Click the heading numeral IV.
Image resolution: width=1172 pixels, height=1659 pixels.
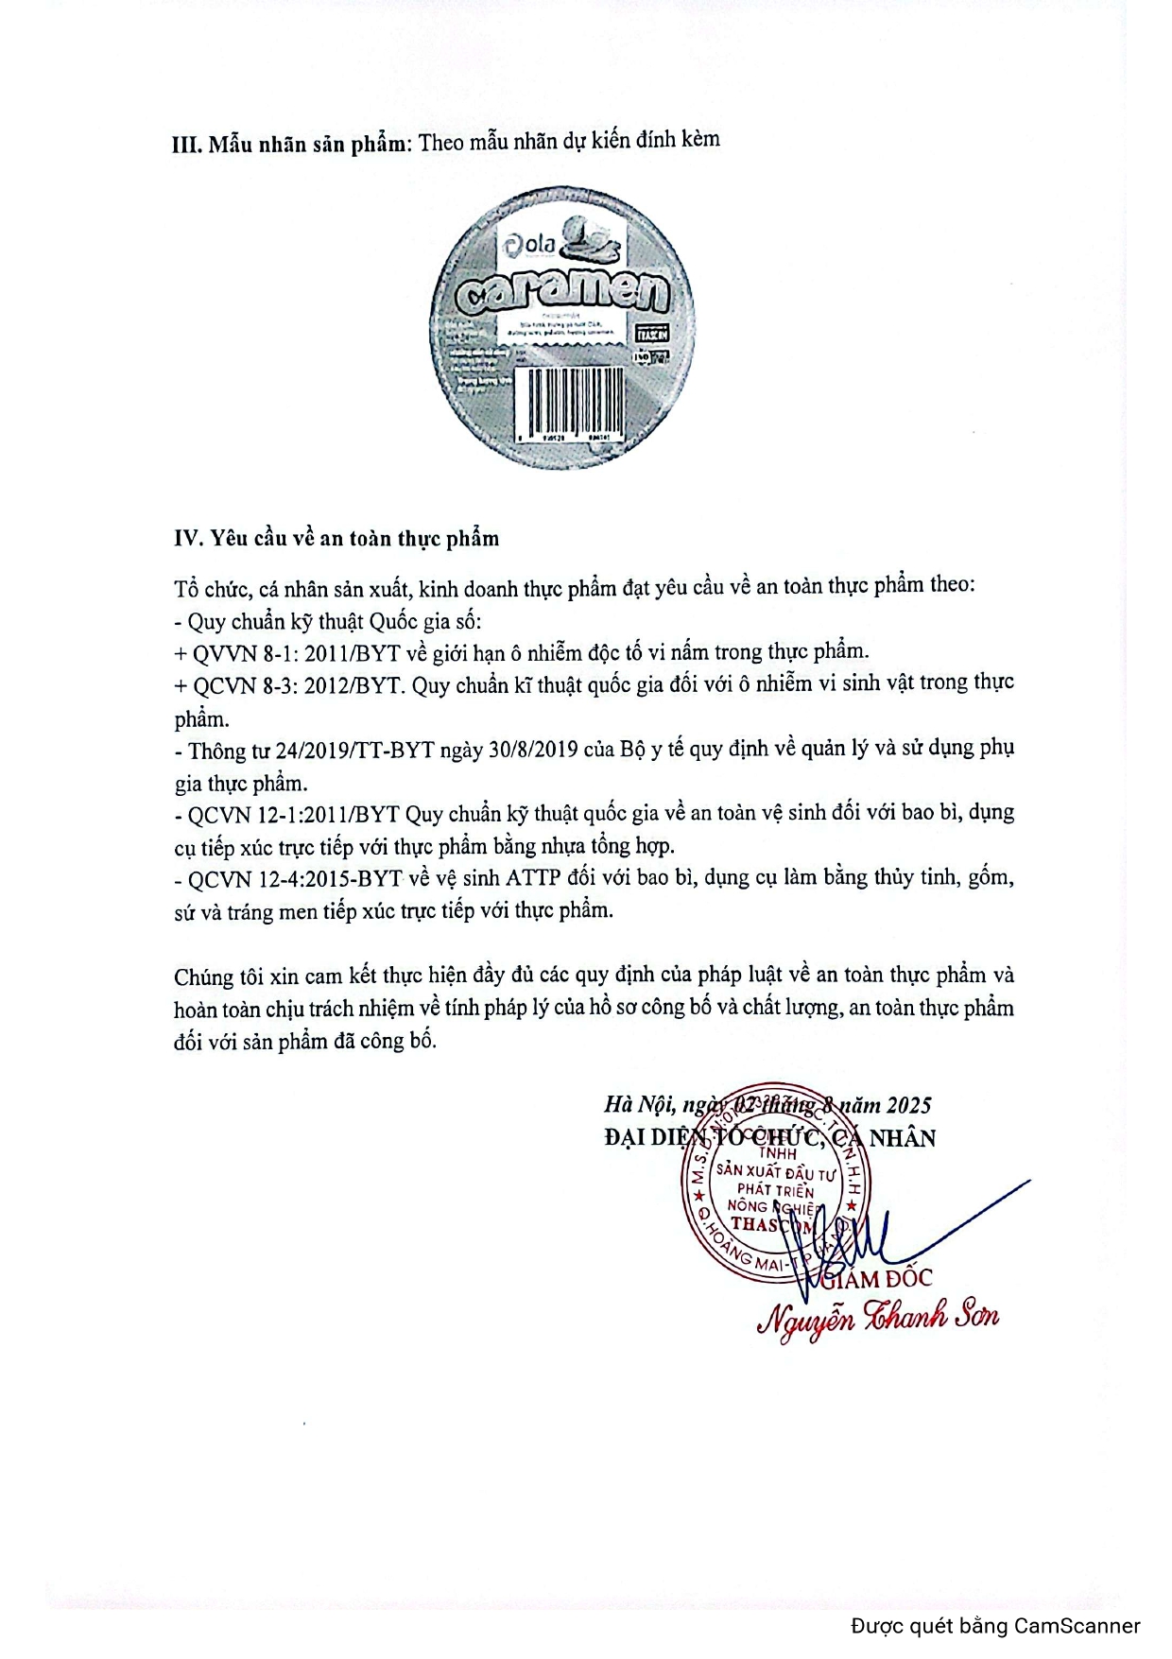point(188,538)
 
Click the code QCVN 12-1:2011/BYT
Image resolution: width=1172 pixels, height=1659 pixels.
point(294,814)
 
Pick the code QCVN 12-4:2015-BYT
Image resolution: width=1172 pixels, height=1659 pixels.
point(295,879)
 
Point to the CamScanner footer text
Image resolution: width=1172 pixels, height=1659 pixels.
point(995,1626)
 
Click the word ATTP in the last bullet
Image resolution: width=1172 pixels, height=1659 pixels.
point(534,878)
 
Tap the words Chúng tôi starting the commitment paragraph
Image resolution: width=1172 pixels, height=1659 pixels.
point(216,976)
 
